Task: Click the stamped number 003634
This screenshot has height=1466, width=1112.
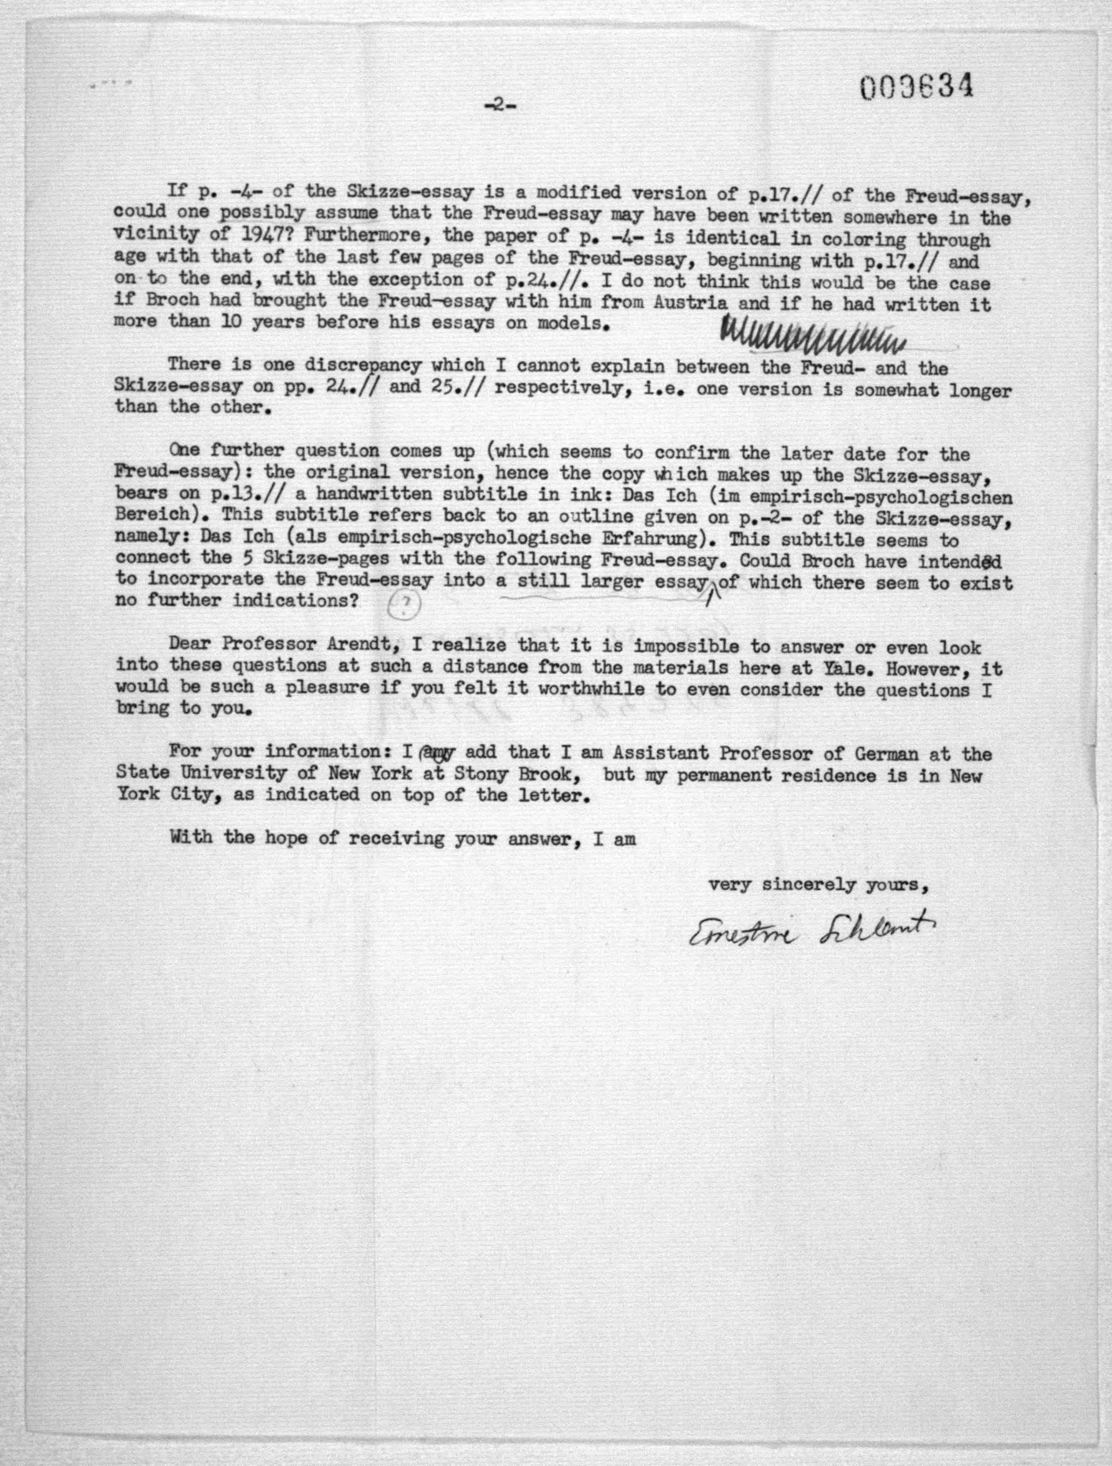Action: [917, 87]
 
